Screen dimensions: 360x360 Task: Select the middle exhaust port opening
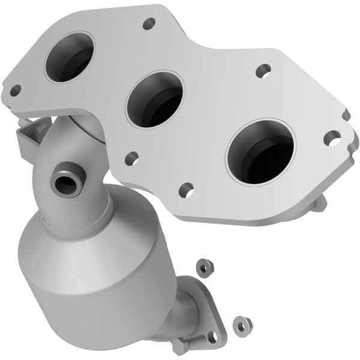point(155,98)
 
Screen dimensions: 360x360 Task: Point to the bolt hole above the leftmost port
point(149,24)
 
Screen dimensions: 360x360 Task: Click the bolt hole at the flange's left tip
point(15,91)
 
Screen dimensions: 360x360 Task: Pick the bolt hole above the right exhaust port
point(263,70)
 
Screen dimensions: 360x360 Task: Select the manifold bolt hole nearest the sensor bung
point(131,158)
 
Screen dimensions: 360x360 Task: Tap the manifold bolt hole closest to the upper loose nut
point(186,190)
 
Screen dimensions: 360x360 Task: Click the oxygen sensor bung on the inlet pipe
point(64,178)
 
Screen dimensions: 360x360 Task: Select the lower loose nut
point(242,323)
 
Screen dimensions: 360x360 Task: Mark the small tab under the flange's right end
point(319,203)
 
